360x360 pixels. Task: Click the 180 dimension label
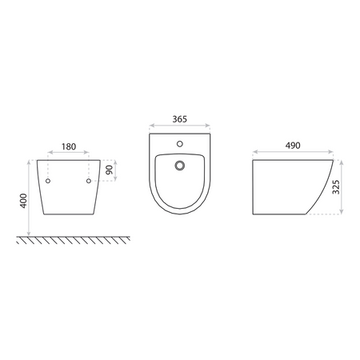[x=68, y=148]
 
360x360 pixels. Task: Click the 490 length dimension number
[x=293, y=148]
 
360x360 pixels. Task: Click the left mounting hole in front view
[x=48, y=182]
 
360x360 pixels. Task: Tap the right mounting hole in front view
[x=87, y=182]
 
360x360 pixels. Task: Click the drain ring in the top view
[x=180, y=166]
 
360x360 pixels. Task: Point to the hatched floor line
[x=68, y=239]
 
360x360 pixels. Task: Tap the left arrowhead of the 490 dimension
[x=253, y=153]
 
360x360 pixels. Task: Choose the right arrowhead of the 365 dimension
[x=209, y=126]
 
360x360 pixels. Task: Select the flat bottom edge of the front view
[x=68, y=214]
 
